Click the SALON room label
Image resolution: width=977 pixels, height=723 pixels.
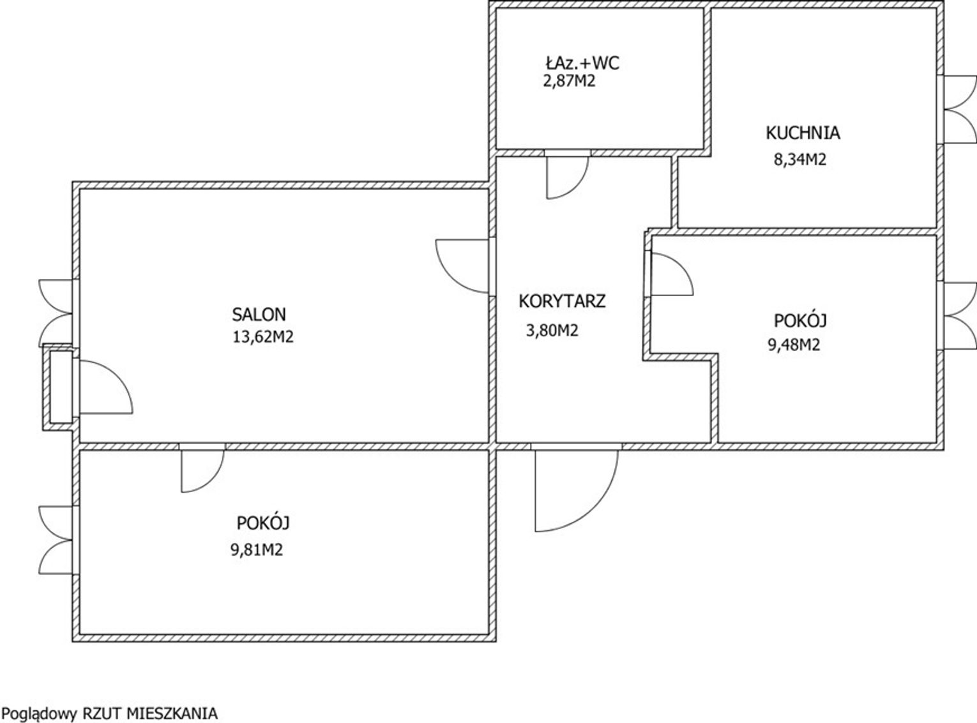coord(259,315)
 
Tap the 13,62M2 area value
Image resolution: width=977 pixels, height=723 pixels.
coord(263,337)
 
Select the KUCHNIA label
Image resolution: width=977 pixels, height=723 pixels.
coord(803,133)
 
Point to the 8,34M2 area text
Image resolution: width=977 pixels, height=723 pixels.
coord(800,159)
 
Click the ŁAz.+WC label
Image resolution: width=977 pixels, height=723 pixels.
coord(582,63)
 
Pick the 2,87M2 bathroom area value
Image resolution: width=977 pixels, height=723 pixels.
coord(569,81)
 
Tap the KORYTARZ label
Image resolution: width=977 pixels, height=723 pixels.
coord(562,301)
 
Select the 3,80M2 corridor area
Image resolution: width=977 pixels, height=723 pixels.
coord(552,331)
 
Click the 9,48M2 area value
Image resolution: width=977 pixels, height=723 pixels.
coord(794,345)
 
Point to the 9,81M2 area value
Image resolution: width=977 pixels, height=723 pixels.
coord(257,550)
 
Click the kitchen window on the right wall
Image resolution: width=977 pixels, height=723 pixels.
coord(959,110)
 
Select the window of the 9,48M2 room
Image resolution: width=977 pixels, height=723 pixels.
coord(959,316)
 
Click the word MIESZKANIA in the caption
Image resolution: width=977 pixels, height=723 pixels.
coord(172,714)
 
